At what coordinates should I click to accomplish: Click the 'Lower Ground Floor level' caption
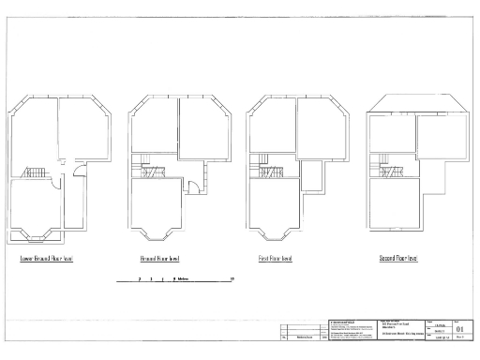click(46, 257)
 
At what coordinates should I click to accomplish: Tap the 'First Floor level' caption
click(275, 257)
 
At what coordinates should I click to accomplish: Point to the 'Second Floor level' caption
click(397, 257)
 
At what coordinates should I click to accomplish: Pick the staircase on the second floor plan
click(388, 171)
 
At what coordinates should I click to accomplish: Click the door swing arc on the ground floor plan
click(190, 184)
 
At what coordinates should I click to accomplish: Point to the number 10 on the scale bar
click(232, 278)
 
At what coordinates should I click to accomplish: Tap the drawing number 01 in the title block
click(458, 330)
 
